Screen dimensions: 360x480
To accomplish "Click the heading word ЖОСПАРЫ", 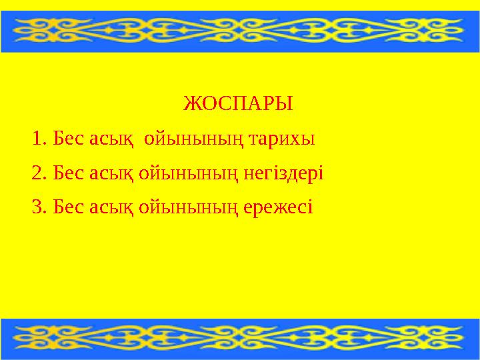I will (x=238, y=105).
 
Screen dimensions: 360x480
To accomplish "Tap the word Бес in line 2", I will (x=67, y=174).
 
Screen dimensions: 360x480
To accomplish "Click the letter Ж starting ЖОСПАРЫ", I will (x=189, y=105).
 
